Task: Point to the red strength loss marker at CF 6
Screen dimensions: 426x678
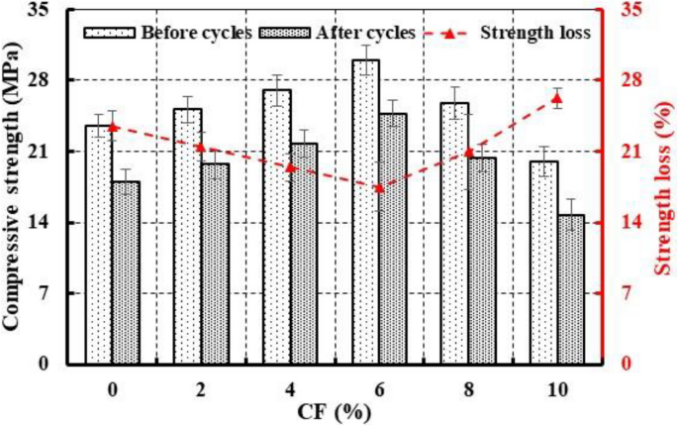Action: [x=378, y=187]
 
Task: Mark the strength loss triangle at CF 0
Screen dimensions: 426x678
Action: [x=112, y=126]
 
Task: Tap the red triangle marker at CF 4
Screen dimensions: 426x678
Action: [x=290, y=166]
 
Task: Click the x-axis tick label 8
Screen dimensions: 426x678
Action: [x=467, y=389]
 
